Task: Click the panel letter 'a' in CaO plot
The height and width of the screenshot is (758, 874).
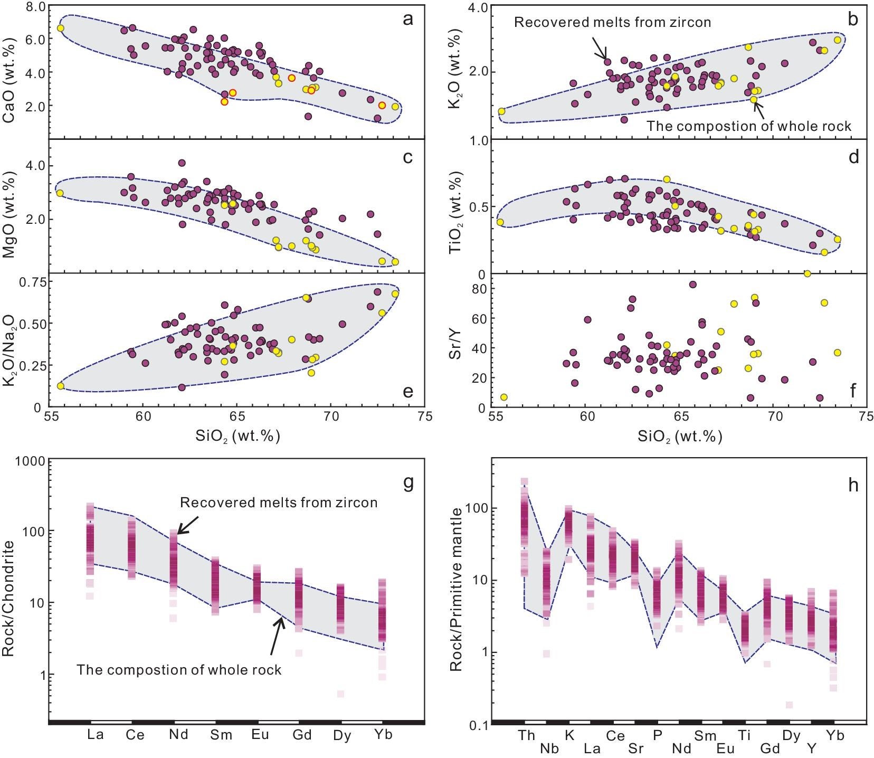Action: tap(407, 20)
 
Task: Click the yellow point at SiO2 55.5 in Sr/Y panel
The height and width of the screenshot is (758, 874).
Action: tap(503, 397)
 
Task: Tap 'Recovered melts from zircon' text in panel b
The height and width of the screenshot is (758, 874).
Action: tap(612, 22)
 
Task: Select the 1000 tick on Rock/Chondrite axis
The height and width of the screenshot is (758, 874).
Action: tap(30, 461)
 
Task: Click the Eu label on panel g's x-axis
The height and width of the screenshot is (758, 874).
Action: tap(260, 734)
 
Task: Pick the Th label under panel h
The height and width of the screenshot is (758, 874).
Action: tap(526, 735)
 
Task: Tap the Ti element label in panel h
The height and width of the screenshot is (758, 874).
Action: tap(744, 735)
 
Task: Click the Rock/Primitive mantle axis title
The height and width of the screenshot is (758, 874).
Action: tap(456, 589)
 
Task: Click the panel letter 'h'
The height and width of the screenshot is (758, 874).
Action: tap(853, 485)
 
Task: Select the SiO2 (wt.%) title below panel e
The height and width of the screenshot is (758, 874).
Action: tap(237, 436)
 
